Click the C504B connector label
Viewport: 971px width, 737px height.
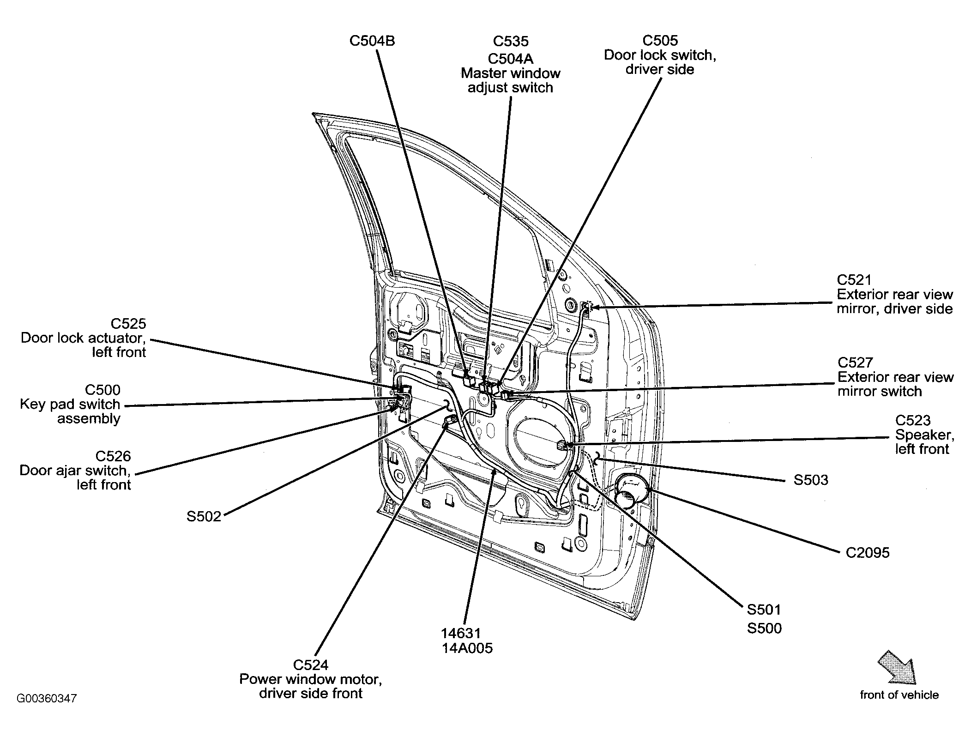pyautogui.click(x=372, y=41)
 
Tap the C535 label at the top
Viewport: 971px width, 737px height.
pyautogui.click(x=511, y=41)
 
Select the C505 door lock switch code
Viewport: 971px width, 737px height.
pyautogui.click(x=660, y=40)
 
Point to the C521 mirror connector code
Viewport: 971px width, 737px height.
pyautogui.click(x=854, y=280)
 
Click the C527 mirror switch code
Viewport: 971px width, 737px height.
pyautogui.click(x=855, y=362)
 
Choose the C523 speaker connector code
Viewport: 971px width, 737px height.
pyautogui.click(x=913, y=420)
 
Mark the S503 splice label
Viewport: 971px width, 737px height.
pyautogui.click(x=811, y=480)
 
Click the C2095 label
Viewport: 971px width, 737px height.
pyautogui.click(x=868, y=553)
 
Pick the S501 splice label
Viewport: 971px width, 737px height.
pyautogui.click(x=764, y=610)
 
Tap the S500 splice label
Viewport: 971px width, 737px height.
pyautogui.click(x=764, y=628)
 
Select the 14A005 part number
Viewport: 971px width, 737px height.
pyautogui.click(x=467, y=648)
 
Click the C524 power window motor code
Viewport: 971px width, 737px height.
pyautogui.click(x=311, y=665)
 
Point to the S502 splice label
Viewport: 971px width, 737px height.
pyautogui.click(x=204, y=516)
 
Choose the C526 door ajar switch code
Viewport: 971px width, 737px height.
pyautogui.click(x=114, y=456)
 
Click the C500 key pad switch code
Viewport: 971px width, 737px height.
pyautogui.click(x=103, y=390)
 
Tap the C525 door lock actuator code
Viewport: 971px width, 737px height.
pyautogui.click(x=128, y=323)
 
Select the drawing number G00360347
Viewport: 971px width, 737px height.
pyautogui.click(x=47, y=698)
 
